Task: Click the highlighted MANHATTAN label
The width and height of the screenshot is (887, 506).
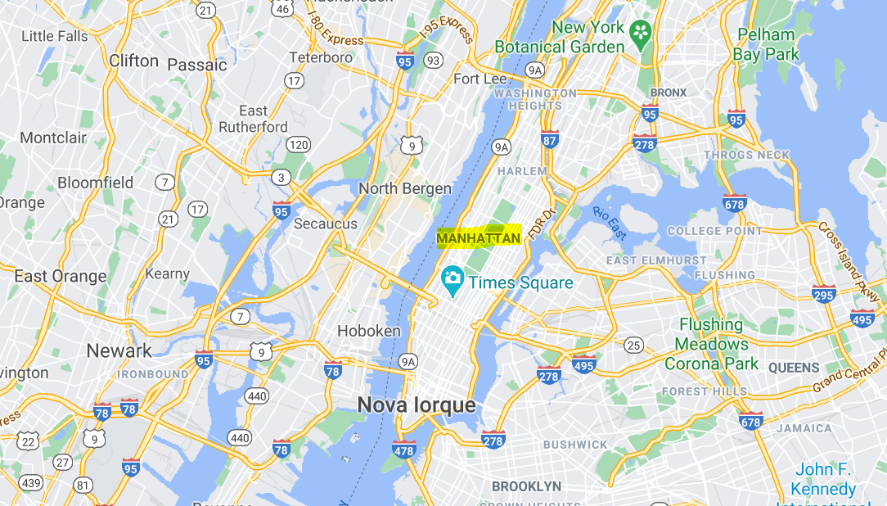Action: [479, 238]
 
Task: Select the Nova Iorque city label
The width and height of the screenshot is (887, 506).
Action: [416, 404]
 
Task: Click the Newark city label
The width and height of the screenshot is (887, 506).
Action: [119, 350]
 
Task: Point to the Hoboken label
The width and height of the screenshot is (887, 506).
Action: [369, 331]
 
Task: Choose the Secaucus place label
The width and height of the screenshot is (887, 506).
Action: [326, 224]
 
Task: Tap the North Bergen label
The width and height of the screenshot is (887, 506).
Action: [405, 188]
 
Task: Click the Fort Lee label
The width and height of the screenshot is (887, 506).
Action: [480, 79]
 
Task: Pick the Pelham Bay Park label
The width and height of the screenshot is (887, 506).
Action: [765, 45]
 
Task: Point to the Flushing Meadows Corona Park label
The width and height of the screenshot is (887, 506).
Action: [712, 344]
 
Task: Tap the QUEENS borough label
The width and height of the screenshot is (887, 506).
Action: [794, 368]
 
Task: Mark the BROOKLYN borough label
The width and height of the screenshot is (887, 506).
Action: [526, 486]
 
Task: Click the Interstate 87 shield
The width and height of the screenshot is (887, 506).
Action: [550, 140]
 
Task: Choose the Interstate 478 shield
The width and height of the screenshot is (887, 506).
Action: [403, 449]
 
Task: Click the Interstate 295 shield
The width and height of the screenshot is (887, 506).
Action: [824, 295]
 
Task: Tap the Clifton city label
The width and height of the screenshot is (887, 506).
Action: [133, 61]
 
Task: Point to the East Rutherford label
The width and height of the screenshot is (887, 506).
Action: [253, 119]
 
